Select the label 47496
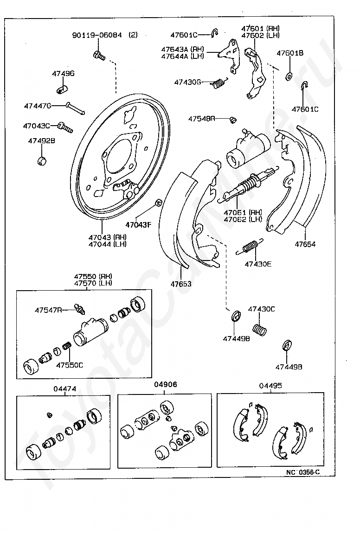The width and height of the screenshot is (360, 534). point(63,74)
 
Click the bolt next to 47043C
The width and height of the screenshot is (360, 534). point(65,127)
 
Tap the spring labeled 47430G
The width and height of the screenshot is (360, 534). point(219,83)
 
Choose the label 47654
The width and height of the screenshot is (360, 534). point(305,244)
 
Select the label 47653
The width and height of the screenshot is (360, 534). point(180,284)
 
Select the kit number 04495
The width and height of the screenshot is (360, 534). point(270,385)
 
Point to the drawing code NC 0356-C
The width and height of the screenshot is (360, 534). point(303,472)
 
